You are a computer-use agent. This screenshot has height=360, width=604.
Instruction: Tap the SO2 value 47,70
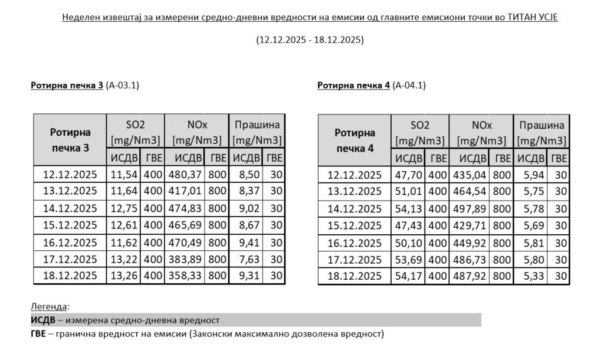[409, 174]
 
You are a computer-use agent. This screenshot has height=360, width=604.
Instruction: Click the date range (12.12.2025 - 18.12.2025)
[310, 41]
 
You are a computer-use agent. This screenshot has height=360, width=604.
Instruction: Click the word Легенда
[49, 307]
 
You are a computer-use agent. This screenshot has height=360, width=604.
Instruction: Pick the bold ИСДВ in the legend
[43, 320]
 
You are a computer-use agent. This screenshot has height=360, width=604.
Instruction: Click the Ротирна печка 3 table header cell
[70, 140]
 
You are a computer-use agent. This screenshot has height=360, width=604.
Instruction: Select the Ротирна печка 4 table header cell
[355, 140]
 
